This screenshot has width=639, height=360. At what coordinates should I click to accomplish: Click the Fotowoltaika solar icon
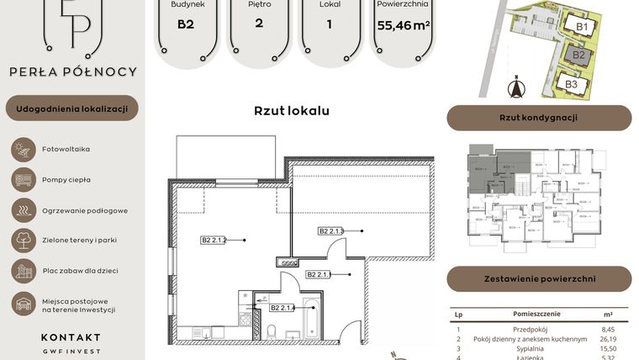point(21,150)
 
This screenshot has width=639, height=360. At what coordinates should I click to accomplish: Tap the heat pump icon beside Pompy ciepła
point(21,179)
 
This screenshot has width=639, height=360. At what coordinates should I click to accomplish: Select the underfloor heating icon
point(21,209)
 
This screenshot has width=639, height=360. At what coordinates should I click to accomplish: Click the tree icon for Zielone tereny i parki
point(21,240)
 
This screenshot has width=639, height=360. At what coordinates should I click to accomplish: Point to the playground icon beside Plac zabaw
point(21,270)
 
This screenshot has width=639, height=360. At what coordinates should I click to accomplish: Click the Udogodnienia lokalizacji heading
point(71,109)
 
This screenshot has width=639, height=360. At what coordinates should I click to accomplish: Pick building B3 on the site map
point(571,83)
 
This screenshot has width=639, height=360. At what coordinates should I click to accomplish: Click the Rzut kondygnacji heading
point(538,118)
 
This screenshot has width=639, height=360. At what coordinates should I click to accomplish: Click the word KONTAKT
point(71,337)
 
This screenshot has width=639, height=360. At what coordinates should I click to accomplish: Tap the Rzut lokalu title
point(291,110)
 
